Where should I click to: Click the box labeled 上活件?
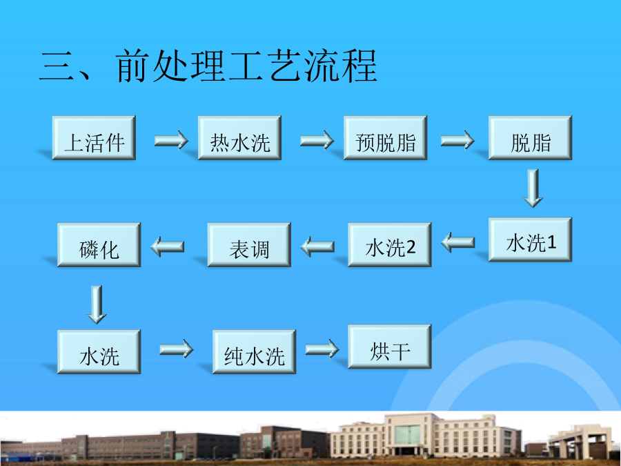[x=94, y=138]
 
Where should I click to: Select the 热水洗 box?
[x=239, y=138]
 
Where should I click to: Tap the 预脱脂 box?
[x=385, y=138]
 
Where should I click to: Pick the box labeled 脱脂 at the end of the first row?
[x=531, y=138]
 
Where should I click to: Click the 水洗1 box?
[x=531, y=240]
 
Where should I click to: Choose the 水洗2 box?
[x=390, y=245]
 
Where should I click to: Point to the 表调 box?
[x=249, y=245]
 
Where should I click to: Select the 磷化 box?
[x=99, y=245]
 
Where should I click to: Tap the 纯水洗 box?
[x=254, y=352]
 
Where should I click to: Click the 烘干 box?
[x=390, y=347]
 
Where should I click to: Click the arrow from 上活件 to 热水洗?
[x=171, y=140]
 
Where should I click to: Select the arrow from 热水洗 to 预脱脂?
[x=317, y=140]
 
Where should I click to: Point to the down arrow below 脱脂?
[x=533, y=188]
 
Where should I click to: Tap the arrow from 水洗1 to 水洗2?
[x=458, y=242]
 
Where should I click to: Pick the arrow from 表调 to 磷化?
[x=167, y=246]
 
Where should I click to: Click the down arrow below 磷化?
[x=97, y=304]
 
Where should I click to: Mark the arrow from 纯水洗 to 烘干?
[x=322, y=349]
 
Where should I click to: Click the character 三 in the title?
[x=57, y=66]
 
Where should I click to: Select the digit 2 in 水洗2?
[x=411, y=247]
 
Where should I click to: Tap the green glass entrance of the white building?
[x=407, y=435]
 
